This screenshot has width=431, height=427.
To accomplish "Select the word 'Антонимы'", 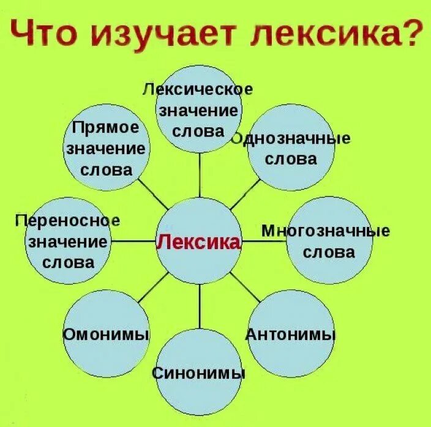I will click(x=291, y=335).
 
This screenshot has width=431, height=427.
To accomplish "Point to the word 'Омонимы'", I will click(x=107, y=335).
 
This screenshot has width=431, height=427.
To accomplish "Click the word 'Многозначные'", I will click(x=326, y=231).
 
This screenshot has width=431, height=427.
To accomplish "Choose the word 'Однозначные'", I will click(x=291, y=138).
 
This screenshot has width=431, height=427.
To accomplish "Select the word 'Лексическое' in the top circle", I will click(x=198, y=89).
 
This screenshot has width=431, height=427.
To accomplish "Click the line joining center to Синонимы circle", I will click(x=200, y=305).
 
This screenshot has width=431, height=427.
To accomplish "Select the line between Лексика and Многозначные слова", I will click(x=263, y=241).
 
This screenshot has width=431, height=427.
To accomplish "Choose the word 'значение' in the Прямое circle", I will click(x=107, y=148).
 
